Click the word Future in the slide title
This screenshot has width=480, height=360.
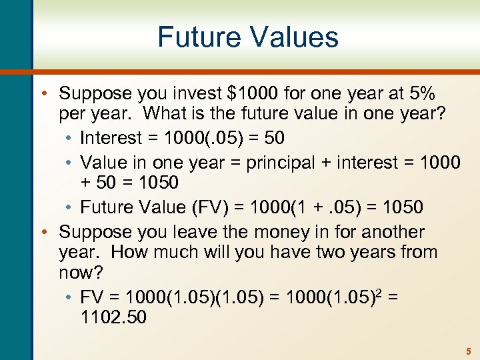pos(197,37)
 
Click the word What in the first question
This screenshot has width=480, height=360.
pos(166,113)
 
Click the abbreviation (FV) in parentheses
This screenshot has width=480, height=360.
pos(218,207)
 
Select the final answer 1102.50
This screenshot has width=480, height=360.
pos(113,317)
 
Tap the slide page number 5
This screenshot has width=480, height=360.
pos(468,351)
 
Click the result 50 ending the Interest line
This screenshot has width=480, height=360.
pos(275,138)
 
